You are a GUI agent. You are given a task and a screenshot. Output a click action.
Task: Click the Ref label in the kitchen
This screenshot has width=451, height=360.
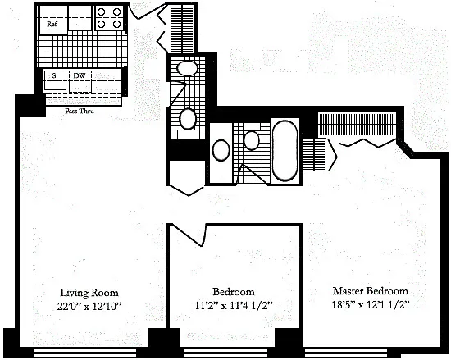[x=52, y=24]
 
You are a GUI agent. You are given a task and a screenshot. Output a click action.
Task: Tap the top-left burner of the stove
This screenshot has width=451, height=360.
[x=101, y=12]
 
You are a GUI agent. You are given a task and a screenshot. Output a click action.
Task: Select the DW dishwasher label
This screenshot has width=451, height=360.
[x=80, y=76]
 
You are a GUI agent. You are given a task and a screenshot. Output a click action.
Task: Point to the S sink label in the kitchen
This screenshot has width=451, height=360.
[x=54, y=76]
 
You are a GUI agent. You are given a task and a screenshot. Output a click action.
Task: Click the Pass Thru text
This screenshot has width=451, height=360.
[x=80, y=111]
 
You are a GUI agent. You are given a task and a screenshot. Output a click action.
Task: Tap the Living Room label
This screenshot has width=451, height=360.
[x=89, y=293]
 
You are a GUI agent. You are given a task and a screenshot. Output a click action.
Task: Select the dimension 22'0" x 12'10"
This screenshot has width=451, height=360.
[x=89, y=307]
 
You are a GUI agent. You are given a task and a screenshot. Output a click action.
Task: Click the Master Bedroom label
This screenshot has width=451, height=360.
[x=371, y=291]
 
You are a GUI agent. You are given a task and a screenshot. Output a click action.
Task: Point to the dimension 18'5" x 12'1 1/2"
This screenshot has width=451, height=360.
[x=371, y=304]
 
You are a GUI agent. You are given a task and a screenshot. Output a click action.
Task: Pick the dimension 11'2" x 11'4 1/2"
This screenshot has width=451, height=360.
[x=234, y=305]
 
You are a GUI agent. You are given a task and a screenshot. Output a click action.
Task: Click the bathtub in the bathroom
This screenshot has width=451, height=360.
[x=285, y=151]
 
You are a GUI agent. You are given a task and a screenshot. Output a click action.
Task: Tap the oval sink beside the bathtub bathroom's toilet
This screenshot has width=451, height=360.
[x=221, y=150]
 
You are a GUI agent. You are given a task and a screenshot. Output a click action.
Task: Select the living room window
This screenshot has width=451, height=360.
[x=84, y=352]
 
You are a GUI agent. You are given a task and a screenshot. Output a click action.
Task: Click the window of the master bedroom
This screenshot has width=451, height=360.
[x=346, y=352]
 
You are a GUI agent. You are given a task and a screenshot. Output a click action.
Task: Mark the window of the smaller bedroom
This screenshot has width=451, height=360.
[x=229, y=352]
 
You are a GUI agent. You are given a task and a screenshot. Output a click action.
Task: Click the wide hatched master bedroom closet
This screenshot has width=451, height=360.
[x=357, y=125]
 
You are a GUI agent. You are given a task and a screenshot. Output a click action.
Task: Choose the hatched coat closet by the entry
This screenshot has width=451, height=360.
[x=182, y=28]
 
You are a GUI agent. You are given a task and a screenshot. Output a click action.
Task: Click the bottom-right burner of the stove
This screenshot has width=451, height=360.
[x=116, y=24]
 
